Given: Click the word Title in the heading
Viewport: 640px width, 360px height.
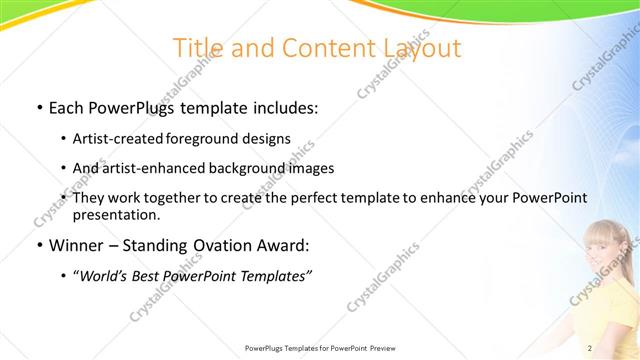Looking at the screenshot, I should [x=198, y=49].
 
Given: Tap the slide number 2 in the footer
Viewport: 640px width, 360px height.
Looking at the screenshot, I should [x=590, y=348].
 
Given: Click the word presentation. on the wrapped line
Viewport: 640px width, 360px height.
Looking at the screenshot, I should [x=115, y=214].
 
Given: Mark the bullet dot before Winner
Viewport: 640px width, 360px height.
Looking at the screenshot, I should [x=39, y=245].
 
